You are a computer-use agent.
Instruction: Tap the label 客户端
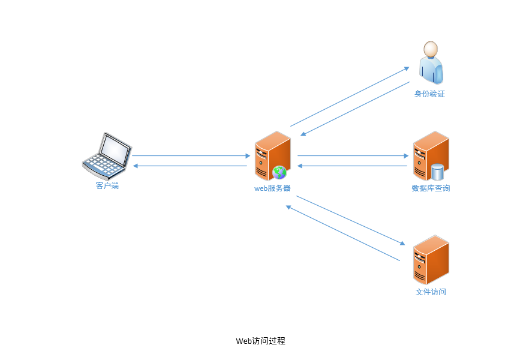(107, 186)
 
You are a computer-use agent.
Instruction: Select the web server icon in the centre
(271, 155)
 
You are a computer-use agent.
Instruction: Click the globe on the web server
(279, 172)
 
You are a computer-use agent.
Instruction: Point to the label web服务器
(272, 188)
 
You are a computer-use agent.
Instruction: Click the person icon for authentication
(431, 62)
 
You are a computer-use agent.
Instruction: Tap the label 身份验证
(429, 94)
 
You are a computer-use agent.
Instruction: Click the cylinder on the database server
(438, 172)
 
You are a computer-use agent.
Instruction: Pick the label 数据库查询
(431, 188)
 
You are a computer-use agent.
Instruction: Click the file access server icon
(431, 260)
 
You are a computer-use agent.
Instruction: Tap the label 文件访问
(431, 292)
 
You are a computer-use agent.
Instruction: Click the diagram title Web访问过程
(260, 341)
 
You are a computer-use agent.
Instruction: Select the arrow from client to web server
(191, 156)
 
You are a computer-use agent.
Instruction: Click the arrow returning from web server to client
(191, 166)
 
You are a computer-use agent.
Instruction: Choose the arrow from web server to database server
(353, 156)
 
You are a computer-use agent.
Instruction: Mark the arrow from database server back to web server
(353, 166)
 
